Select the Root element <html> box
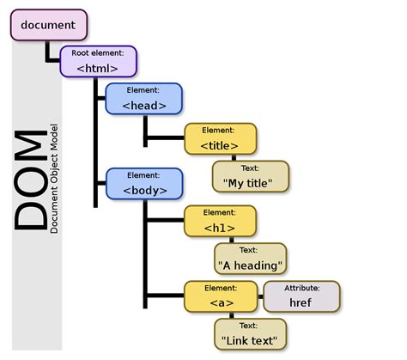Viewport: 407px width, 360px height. pyautogui.click(x=98, y=62)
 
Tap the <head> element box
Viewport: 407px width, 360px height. pyautogui.click(x=144, y=100)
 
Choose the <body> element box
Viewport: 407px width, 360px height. pyautogui.click(x=144, y=184)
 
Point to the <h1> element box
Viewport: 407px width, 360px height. pyautogui.click(x=219, y=222)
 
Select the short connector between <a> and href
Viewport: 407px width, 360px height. pyautogui.click(x=259, y=296)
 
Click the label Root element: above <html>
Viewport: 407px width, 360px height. pyautogui.click(x=98, y=53)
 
